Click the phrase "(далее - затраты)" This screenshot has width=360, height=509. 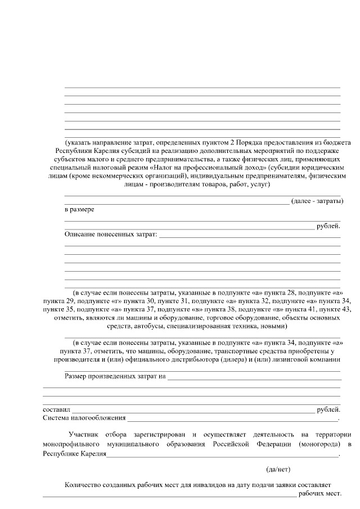point(317,201)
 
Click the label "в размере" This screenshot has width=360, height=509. point(79,209)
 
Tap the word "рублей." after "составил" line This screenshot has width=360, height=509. point(328,409)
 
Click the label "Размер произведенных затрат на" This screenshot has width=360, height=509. point(115,375)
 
